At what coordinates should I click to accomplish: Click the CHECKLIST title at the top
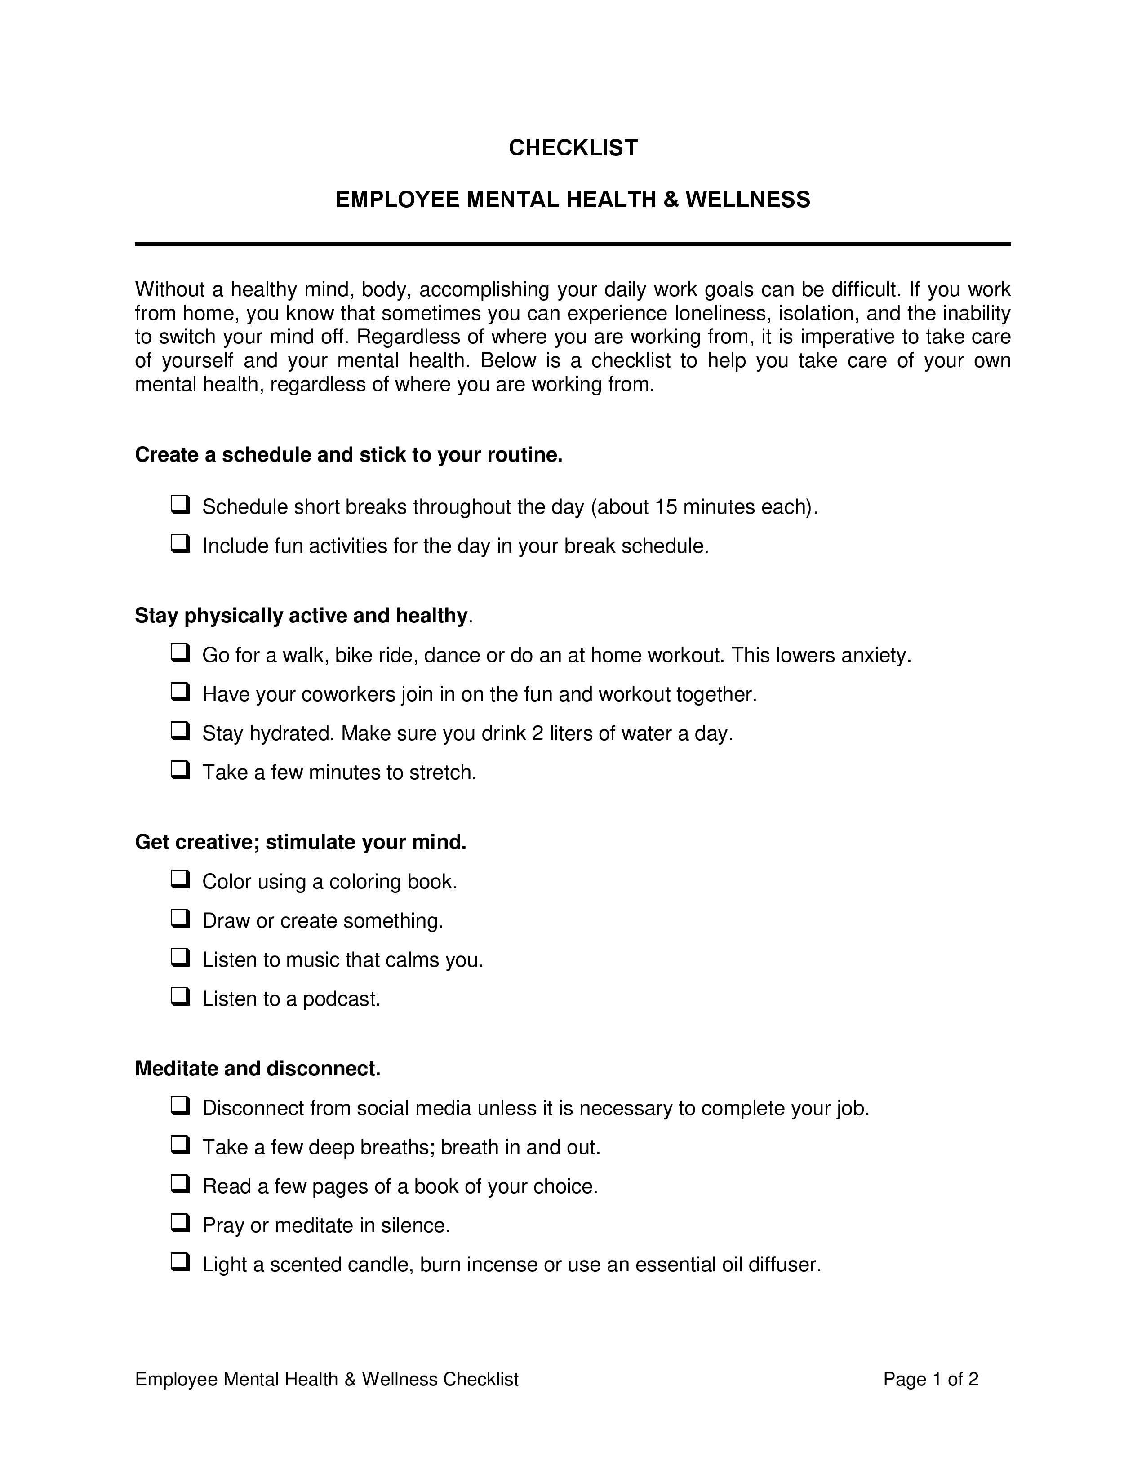pyautogui.click(x=573, y=148)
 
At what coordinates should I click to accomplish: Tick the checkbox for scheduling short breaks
pyautogui.click(x=180, y=505)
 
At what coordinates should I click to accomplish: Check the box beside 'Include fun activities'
pyautogui.click(x=180, y=544)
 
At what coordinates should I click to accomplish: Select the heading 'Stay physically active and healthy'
pyautogui.click(x=302, y=616)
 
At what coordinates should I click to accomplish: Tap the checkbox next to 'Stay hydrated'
pyautogui.click(x=180, y=731)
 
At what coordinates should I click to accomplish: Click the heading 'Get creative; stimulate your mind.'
pyautogui.click(x=301, y=842)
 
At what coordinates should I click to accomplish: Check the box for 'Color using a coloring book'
pyautogui.click(x=180, y=879)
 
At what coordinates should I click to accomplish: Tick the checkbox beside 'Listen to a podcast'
pyautogui.click(x=180, y=997)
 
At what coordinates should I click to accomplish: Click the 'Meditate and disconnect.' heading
pyautogui.click(x=258, y=1069)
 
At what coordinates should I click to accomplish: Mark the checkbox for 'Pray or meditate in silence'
pyautogui.click(x=180, y=1223)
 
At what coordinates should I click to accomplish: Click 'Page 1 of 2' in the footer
pyautogui.click(x=930, y=1379)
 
